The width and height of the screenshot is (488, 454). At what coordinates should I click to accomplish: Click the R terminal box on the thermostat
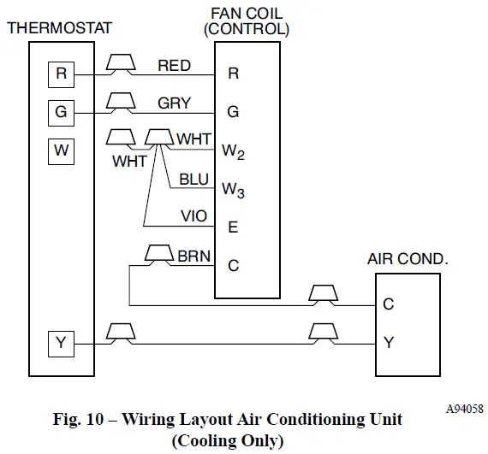pyautogui.click(x=61, y=74)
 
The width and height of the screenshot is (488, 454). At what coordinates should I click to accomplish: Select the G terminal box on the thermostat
pyautogui.click(x=61, y=113)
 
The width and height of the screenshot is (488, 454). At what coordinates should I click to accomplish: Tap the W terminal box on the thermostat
pyautogui.click(x=61, y=151)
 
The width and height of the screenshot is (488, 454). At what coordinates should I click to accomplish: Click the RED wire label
pyautogui.click(x=174, y=66)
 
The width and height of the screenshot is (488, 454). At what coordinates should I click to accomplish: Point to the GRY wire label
pyautogui.click(x=174, y=103)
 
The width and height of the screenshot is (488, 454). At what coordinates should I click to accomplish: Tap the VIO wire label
pyautogui.click(x=194, y=217)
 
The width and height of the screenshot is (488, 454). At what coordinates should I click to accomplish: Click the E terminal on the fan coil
pyautogui.click(x=233, y=227)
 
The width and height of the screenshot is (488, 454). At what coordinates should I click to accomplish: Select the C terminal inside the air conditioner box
pyautogui.click(x=389, y=304)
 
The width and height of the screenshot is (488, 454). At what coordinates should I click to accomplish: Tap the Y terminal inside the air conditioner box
pyautogui.click(x=389, y=343)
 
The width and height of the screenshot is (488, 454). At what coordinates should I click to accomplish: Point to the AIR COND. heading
pyautogui.click(x=408, y=258)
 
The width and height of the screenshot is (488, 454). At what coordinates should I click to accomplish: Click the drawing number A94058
pyautogui.click(x=462, y=409)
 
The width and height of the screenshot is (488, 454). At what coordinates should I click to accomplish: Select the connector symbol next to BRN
pyautogui.click(x=157, y=254)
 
